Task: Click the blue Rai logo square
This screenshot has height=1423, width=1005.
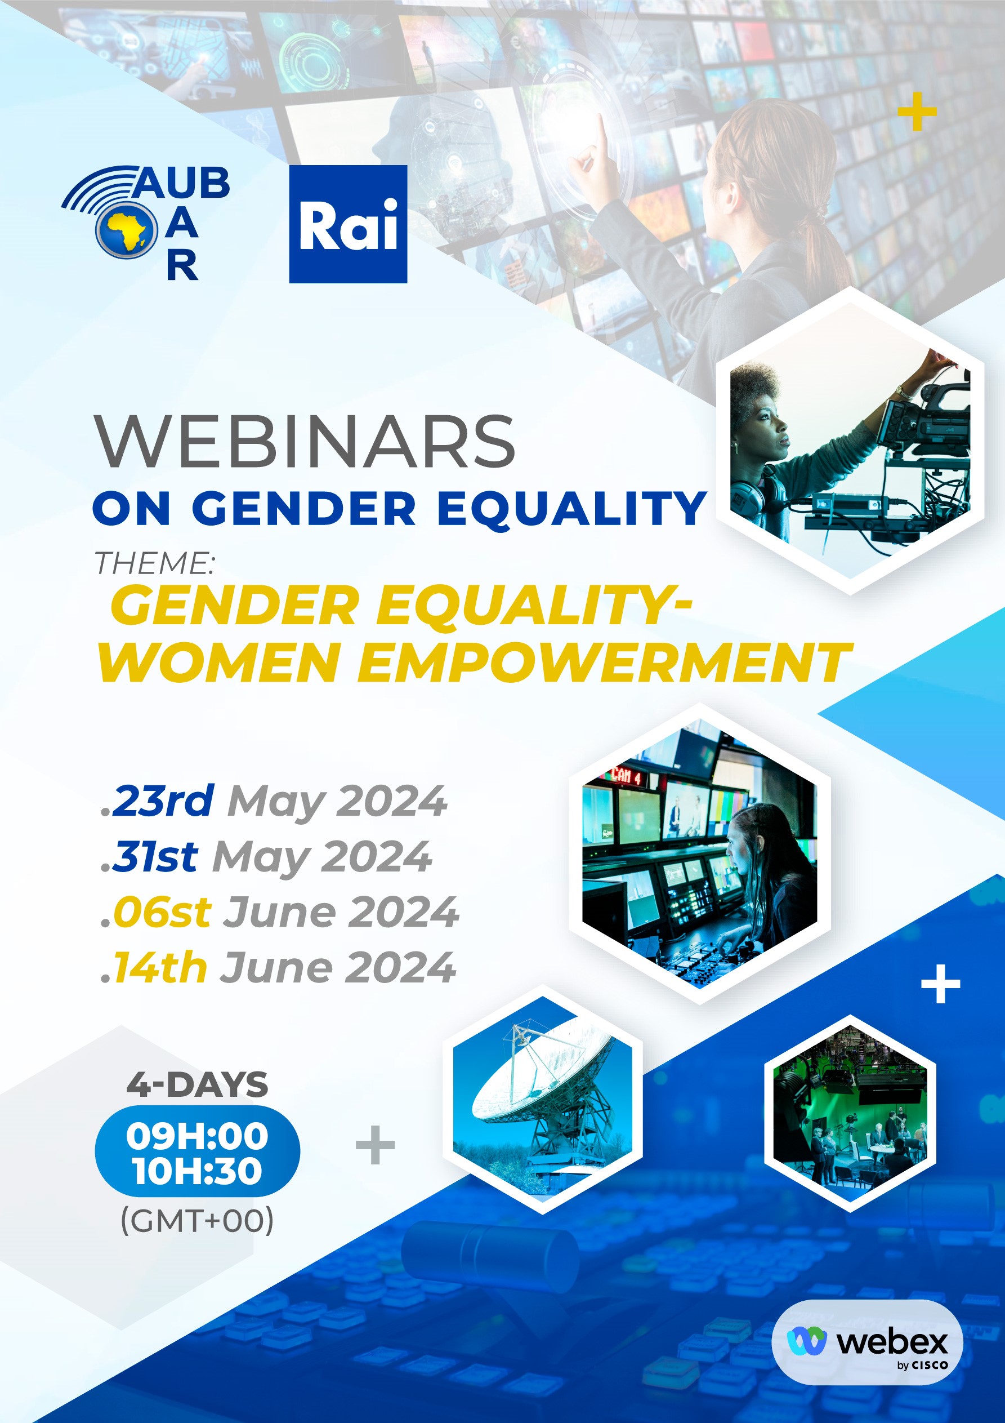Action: click(348, 224)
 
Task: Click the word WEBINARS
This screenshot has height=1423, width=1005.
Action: click(304, 441)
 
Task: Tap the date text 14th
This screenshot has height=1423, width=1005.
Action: click(160, 967)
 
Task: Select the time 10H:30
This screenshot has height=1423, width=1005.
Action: click(197, 1171)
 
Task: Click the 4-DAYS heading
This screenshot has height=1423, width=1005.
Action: click(198, 1084)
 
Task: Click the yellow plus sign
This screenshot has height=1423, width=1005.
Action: click(917, 112)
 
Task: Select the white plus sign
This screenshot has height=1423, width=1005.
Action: click(941, 984)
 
